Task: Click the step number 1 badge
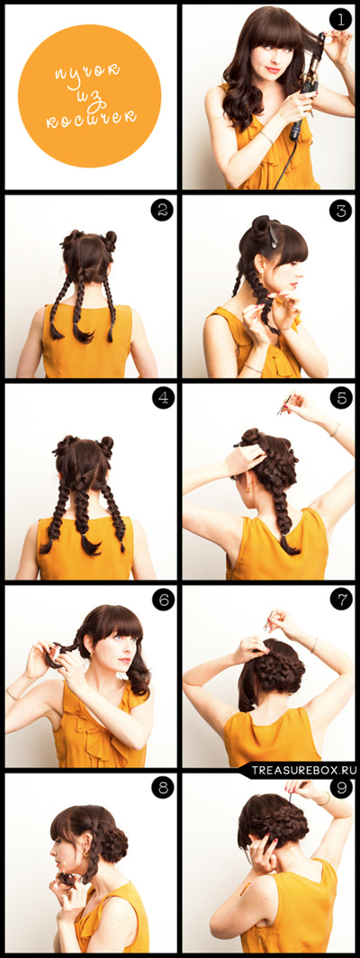(x=340, y=20)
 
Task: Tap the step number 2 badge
(x=162, y=210)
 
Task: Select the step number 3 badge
(x=340, y=210)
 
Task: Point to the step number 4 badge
(x=162, y=398)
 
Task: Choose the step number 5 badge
(x=340, y=398)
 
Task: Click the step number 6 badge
(x=162, y=600)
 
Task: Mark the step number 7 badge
(x=340, y=600)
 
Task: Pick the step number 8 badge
(x=162, y=788)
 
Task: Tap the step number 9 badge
(x=340, y=788)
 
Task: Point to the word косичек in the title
(x=92, y=118)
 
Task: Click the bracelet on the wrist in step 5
(x=335, y=429)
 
